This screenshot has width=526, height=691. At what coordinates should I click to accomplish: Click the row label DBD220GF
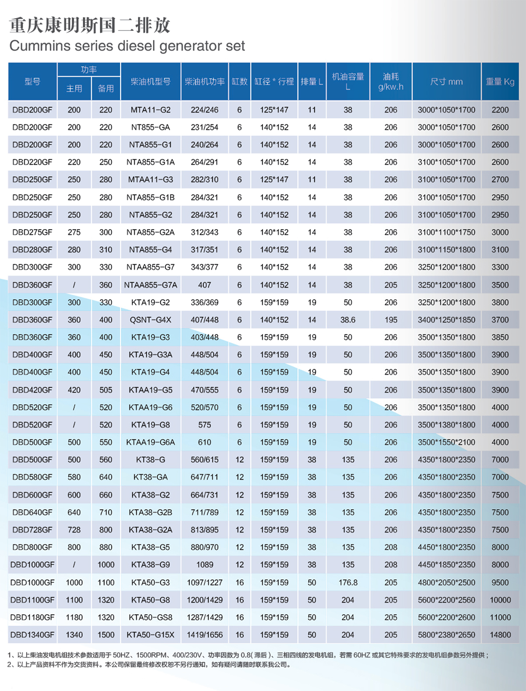pos(32,162)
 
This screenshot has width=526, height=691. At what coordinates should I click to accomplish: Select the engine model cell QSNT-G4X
pos(150,320)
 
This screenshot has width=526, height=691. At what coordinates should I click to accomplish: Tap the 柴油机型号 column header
pos(150,82)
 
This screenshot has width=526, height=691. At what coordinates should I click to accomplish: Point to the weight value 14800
pos(500,634)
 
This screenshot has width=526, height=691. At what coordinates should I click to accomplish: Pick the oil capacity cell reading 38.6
pos(348,320)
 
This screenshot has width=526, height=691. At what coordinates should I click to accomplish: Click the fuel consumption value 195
pos(391,320)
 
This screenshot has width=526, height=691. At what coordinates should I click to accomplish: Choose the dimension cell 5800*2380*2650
pos(446,634)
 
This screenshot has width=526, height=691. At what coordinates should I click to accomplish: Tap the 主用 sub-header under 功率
pos(74,89)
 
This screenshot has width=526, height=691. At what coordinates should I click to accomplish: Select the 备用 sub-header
pos(106,89)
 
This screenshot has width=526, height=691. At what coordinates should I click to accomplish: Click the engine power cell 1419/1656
pos(204,634)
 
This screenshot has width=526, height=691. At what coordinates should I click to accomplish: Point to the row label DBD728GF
pos(32,530)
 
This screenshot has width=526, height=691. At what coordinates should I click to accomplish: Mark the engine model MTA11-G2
pos(150,110)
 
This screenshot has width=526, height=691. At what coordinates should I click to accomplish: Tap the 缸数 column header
pos(239,82)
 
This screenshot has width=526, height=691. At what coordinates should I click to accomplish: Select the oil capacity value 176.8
pos(348,582)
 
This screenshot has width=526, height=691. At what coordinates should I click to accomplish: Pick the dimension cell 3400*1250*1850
pos(446,320)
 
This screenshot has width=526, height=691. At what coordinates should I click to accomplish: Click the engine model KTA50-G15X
pos(150,634)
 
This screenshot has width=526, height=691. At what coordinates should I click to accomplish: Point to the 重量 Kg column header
pos(500,82)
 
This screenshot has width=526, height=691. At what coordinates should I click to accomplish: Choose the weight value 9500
pos(500,582)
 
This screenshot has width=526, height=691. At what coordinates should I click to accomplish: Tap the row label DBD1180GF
pos(32,617)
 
